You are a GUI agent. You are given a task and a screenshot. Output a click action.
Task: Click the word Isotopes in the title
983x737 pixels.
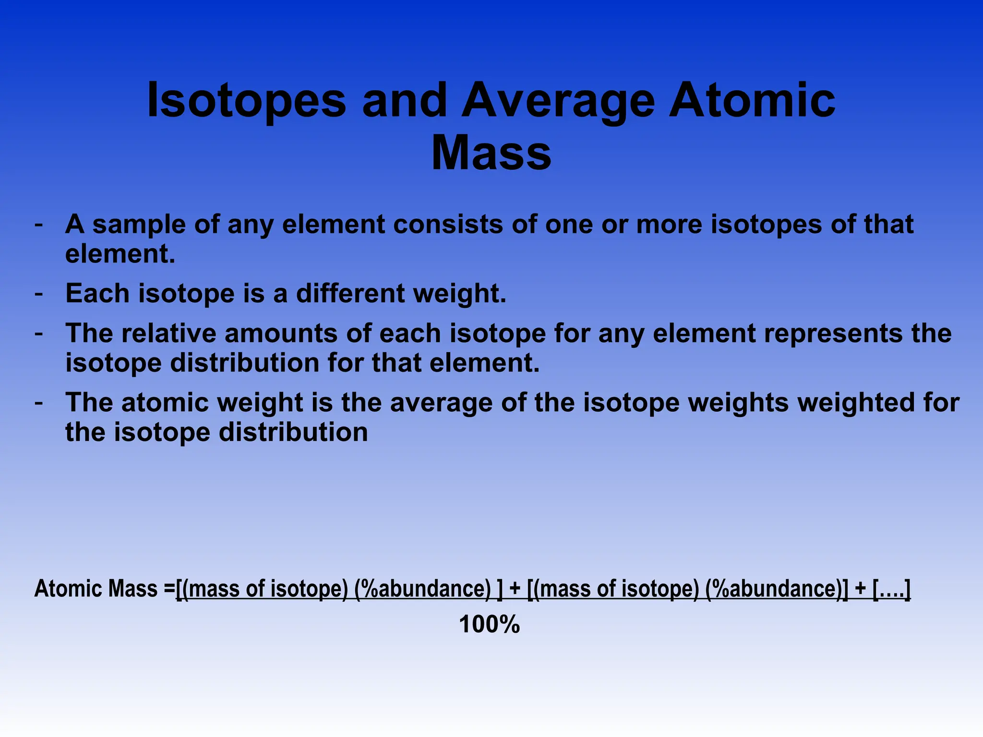[246, 100]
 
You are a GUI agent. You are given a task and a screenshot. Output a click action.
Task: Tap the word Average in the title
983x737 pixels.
[558, 100]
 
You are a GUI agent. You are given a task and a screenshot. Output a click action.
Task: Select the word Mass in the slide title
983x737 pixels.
[491, 153]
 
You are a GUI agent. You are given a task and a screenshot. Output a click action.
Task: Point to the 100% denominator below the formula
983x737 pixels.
[489, 625]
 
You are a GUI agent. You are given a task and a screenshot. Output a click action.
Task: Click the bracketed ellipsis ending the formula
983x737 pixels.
[891, 589]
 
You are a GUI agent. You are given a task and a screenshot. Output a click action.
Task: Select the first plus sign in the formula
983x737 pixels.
[515, 589]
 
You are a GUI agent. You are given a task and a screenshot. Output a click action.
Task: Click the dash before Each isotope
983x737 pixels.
[39, 293]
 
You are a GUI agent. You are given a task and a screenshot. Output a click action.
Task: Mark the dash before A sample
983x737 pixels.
[39, 225]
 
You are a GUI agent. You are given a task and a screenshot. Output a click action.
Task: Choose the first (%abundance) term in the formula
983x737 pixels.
[423, 589]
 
